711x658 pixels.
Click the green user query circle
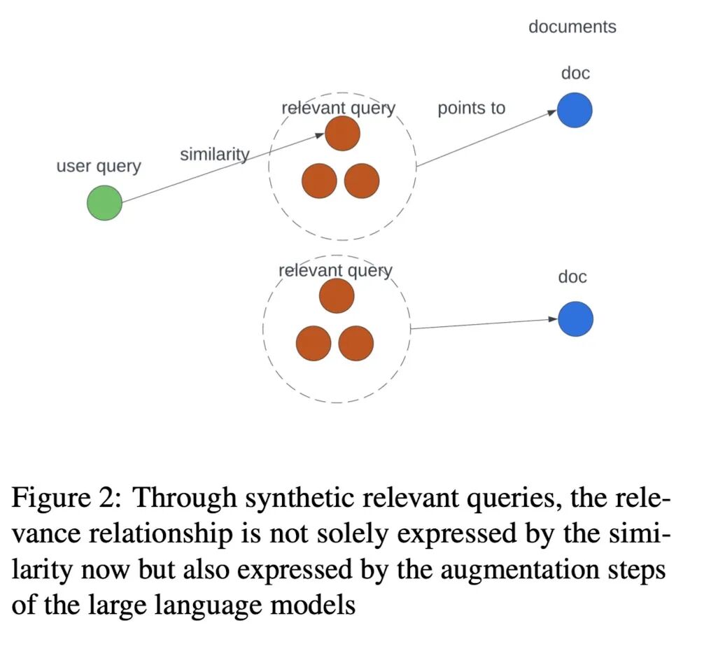[104, 204]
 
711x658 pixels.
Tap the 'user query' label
[99, 167]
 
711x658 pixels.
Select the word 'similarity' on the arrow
[214, 154]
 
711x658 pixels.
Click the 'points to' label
[471, 108]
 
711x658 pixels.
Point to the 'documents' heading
[572, 27]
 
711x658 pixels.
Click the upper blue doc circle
[575, 111]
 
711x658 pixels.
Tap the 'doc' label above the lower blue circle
[572, 277]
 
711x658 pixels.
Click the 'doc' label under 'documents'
[575, 73]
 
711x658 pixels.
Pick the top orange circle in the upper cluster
[342, 134]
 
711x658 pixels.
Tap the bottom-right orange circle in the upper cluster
[362, 181]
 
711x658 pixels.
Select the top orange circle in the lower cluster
[337, 296]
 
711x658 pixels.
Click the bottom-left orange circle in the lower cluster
[314, 343]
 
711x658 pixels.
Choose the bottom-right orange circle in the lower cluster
[356, 343]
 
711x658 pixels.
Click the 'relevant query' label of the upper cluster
[338, 108]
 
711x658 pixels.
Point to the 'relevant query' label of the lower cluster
[335, 271]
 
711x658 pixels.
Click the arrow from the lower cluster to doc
[483, 324]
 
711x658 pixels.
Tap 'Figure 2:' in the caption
[66, 499]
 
